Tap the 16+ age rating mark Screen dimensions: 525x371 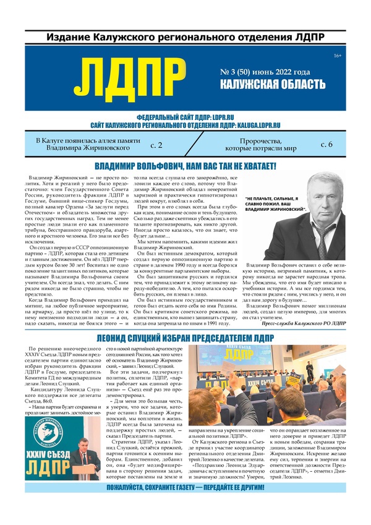(337, 57)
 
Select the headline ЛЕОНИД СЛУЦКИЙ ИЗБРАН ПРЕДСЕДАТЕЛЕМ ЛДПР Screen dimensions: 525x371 (185, 338)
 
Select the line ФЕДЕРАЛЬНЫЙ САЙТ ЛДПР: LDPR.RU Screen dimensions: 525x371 (185, 117)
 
